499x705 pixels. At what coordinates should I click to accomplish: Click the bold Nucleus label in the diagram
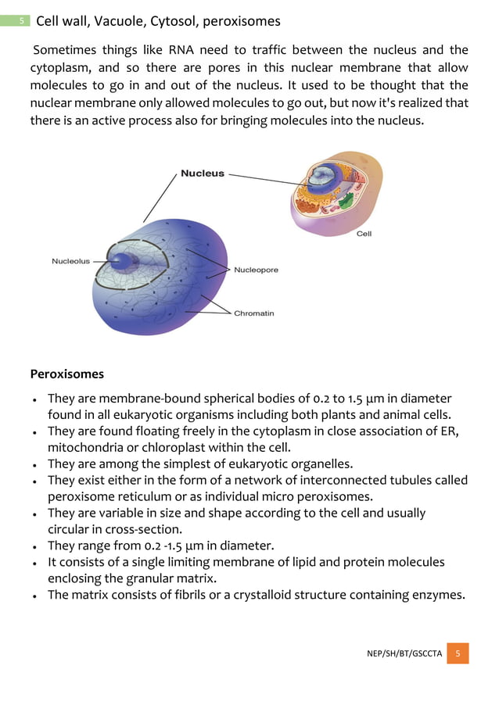tap(203, 174)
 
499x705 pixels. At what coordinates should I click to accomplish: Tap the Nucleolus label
tap(70, 261)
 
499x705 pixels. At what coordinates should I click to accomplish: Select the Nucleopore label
tap(256, 270)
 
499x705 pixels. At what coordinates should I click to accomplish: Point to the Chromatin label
tap(254, 313)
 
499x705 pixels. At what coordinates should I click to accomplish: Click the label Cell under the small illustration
tap(364, 234)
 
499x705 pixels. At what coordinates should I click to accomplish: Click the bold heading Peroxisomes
tap(66, 374)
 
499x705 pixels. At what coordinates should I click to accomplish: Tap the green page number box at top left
tap(23, 21)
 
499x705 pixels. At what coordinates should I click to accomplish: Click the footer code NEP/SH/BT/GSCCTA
tap(404, 653)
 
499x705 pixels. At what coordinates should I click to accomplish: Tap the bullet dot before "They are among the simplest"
tap(35, 464)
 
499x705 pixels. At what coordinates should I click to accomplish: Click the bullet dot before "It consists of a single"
tap(35, 563)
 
